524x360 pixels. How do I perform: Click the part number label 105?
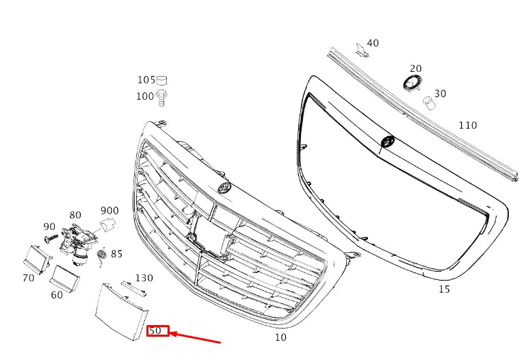click(146, 80)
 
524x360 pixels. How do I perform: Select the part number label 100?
click(145, 97)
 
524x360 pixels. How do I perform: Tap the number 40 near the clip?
click(372, 43)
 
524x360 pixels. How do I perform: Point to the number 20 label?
click(415, 68)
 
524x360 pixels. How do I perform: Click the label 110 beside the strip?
click(467, 125)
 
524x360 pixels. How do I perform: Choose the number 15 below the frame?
click(444, 290)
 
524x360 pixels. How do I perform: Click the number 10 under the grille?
click(280, 337)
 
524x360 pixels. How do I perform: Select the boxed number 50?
click(157, 331)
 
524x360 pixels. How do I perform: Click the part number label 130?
click(144, 278)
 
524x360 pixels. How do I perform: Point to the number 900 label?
click(109, 211)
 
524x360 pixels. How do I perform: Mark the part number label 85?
click(116, 254)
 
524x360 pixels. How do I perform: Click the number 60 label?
click(57, 295)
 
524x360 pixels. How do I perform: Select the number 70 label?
click(28, 278)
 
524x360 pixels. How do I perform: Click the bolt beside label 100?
click(162, 97)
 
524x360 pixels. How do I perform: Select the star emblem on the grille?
click(224, 189)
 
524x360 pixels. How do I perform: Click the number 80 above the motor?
click(75, 215)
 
